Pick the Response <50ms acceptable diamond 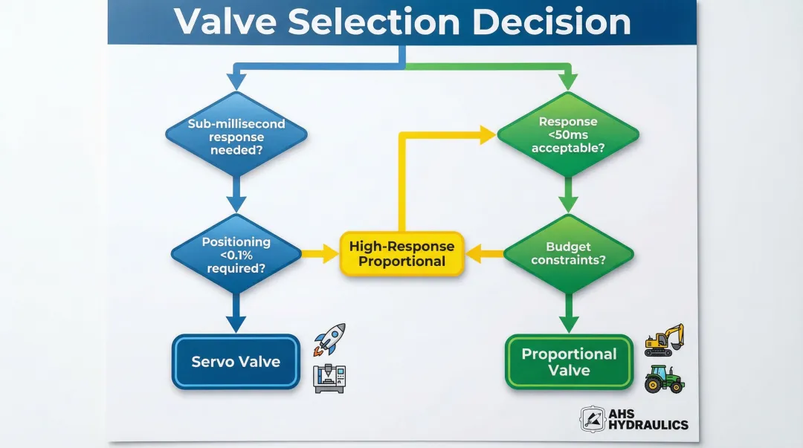[567, 134]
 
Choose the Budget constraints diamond [568, 254]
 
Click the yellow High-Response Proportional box [401, 254]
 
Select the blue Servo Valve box [236, 362]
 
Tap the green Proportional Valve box [569, 362]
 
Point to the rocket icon [329, 339]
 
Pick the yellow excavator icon [663, 340]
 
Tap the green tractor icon [663, 378]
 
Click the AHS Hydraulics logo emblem [593, 419]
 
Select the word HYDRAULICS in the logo [648, 426]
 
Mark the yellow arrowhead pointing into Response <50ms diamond [487, 134]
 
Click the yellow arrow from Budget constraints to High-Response [483, 254]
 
